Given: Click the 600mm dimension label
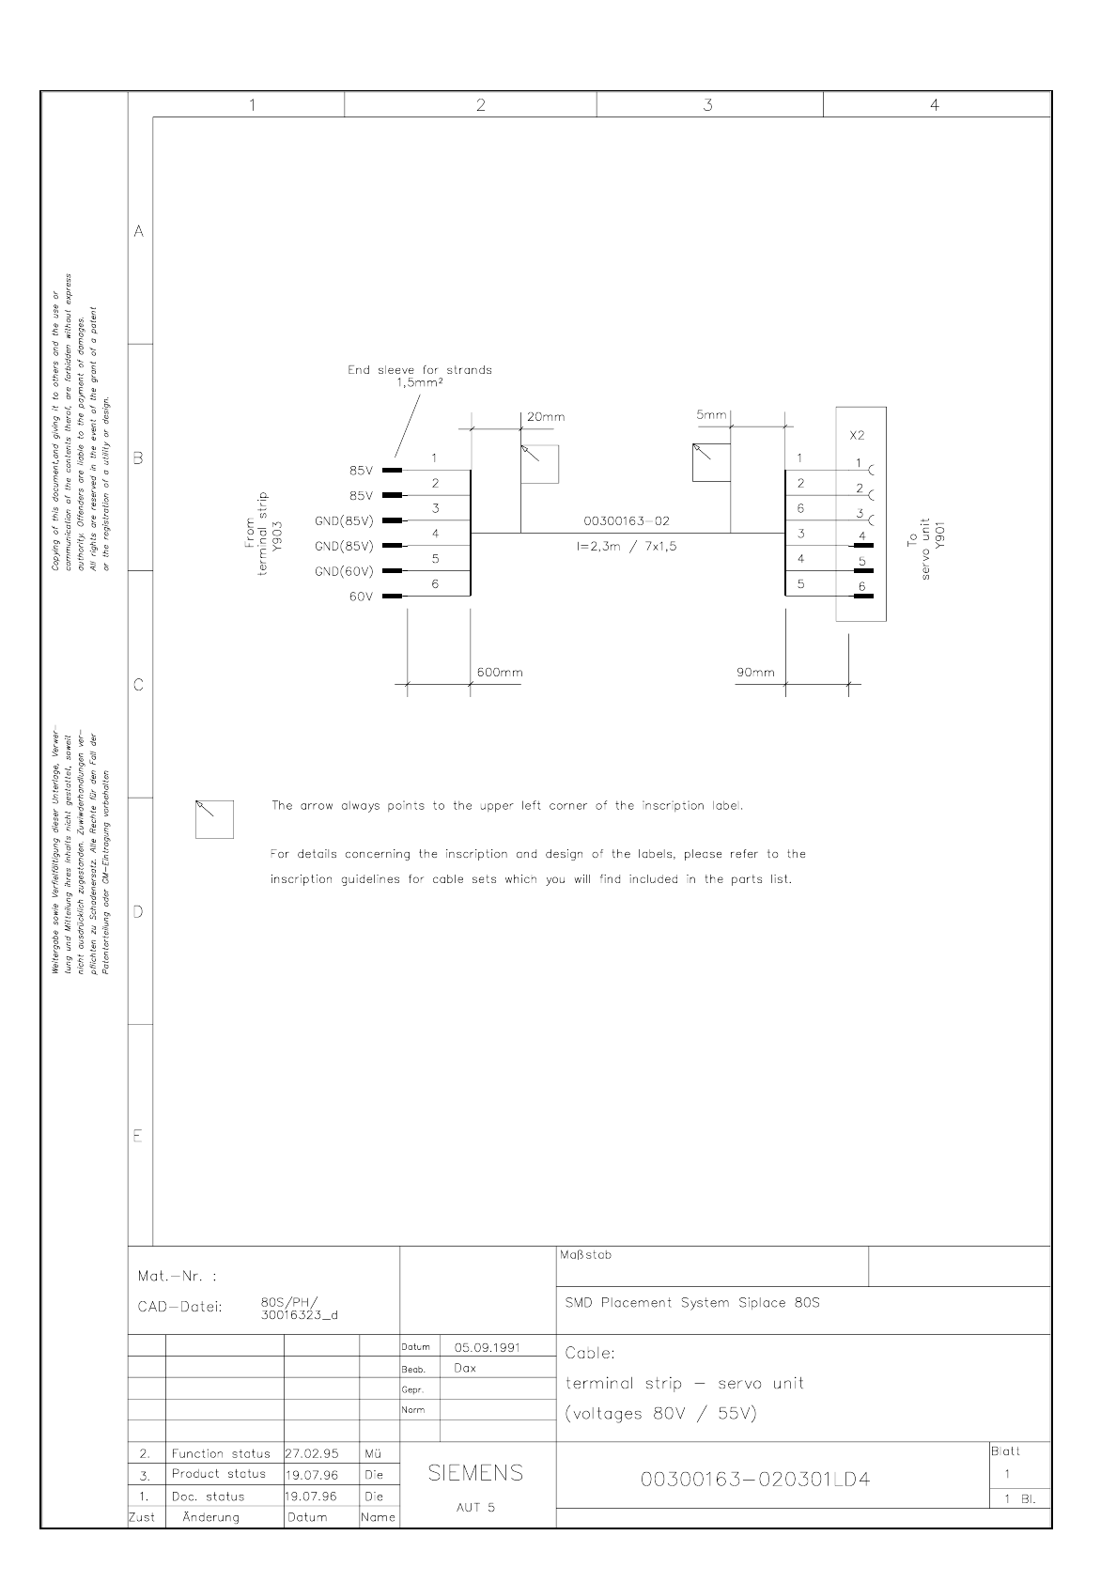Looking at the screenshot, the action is pyautogui.click(x=500, y=673).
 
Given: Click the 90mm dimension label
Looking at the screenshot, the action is pyautogui.click(x=755, y=673).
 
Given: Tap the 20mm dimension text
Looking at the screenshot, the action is pyautogui.click(x=546, y=417).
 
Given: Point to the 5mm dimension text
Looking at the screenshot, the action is pyautogui.click(x=711, y=414).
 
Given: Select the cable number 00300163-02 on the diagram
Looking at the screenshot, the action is pyautogui.click(x=627, y=521).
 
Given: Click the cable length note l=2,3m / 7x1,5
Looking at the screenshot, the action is pyautogui.click(x=627, y=546).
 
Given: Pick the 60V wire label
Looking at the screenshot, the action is pyautogui.click(x=361, y=597).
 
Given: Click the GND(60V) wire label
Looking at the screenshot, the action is pyautogui.click(x=344, y=571).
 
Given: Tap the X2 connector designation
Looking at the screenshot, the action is pyautogui.click(x=857, y=436).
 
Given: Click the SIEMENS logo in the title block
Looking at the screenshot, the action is pyautogui.click(x=475, y=1472).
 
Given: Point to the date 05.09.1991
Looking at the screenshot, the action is pyautogui.click(x=488, y=1347).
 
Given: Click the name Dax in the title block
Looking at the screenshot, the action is pyautogui.click(x=465, y=1368).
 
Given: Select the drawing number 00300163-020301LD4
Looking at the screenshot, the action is pyautogui.click(x=755, y=1480).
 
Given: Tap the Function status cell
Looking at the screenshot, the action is pyautogui.click(x=221, y=1453).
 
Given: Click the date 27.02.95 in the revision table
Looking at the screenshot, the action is pyautogui.click(x=312, y=1453).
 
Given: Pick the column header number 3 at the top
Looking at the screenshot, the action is pyautogui.click(x=707, y=104).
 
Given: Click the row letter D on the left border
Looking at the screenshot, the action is pyautogui.click(x=138, y=912).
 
